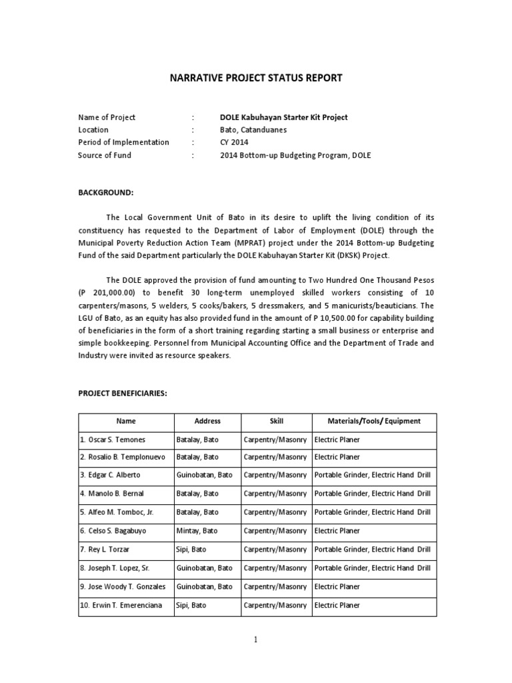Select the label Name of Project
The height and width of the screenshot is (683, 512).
coord(107,117)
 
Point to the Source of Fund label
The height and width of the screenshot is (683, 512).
coord(105,155)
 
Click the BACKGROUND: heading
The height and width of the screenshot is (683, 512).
coord(106,193)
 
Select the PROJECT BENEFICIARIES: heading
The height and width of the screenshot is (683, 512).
coord(122,394)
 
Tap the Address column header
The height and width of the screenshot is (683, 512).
coord(207,422)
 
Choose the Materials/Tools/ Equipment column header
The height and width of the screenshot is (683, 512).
coord(374,422)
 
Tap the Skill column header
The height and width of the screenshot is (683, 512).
coord(276,422)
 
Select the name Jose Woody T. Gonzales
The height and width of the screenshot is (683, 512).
coord(123,586)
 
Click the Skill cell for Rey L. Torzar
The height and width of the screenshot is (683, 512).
coord(276,550)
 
